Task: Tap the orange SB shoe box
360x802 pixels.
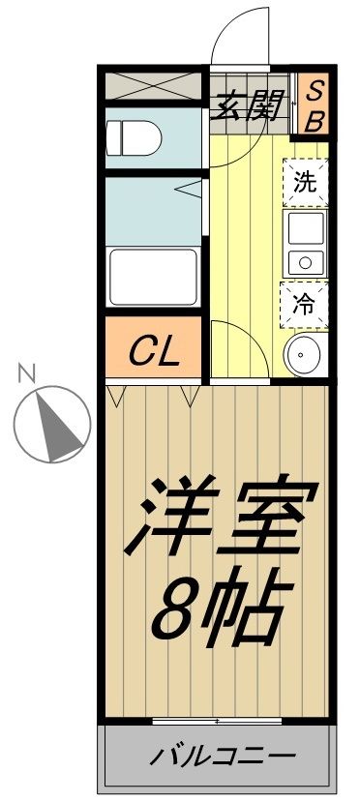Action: pyautogui.click(x=315, y=104)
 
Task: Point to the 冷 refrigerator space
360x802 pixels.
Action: pyautogui.click(x=305, y=304)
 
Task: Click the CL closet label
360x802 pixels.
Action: pyautogui.click(x=156, y=349)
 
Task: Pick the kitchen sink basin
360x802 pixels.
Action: pyautogui.click(x=305, y=229)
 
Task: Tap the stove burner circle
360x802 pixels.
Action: pyautogui.click(x=304, y=262)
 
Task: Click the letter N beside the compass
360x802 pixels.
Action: pyautogui.click(x=27, y=371)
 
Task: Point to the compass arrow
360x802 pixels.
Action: pyautogui.click(x=52, y=423)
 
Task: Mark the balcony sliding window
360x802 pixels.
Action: pyautogui.click(x=217, y=721)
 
